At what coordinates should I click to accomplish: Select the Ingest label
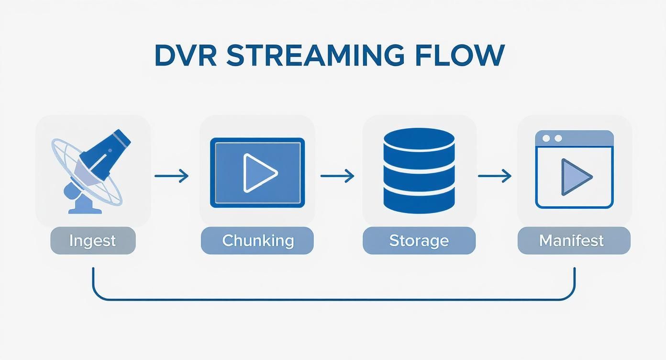(93, 240)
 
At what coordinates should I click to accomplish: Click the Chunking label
(257, 240)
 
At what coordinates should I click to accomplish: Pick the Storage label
(419, 240)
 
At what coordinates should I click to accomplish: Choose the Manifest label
(574, 240)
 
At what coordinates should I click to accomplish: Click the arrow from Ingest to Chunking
(171, 176)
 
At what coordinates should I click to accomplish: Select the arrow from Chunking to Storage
(337, 176)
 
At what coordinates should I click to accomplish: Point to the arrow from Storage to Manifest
(494, 176)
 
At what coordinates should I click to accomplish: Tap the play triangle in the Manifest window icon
(576, 178)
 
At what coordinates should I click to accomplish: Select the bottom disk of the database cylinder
(419, 201)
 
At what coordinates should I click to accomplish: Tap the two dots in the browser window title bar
(552, 138)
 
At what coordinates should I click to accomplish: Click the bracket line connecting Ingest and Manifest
(333, 300)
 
